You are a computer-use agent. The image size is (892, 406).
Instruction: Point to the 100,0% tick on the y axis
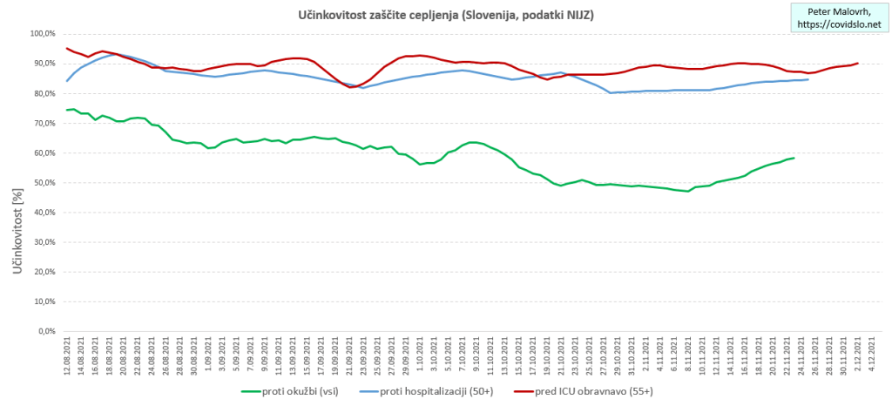[41, 34]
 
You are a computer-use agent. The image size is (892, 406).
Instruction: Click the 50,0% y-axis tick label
[43, 183]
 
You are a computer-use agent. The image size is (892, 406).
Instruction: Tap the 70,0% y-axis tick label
[43, 124]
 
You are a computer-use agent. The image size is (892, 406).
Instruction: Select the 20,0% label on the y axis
[43, 272]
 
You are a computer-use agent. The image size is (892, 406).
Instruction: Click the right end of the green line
[794, 158]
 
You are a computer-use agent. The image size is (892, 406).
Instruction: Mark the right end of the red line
[858, 63]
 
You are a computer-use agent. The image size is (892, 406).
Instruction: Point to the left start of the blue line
[67, 81]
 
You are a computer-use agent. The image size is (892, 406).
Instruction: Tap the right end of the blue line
[808, 79]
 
